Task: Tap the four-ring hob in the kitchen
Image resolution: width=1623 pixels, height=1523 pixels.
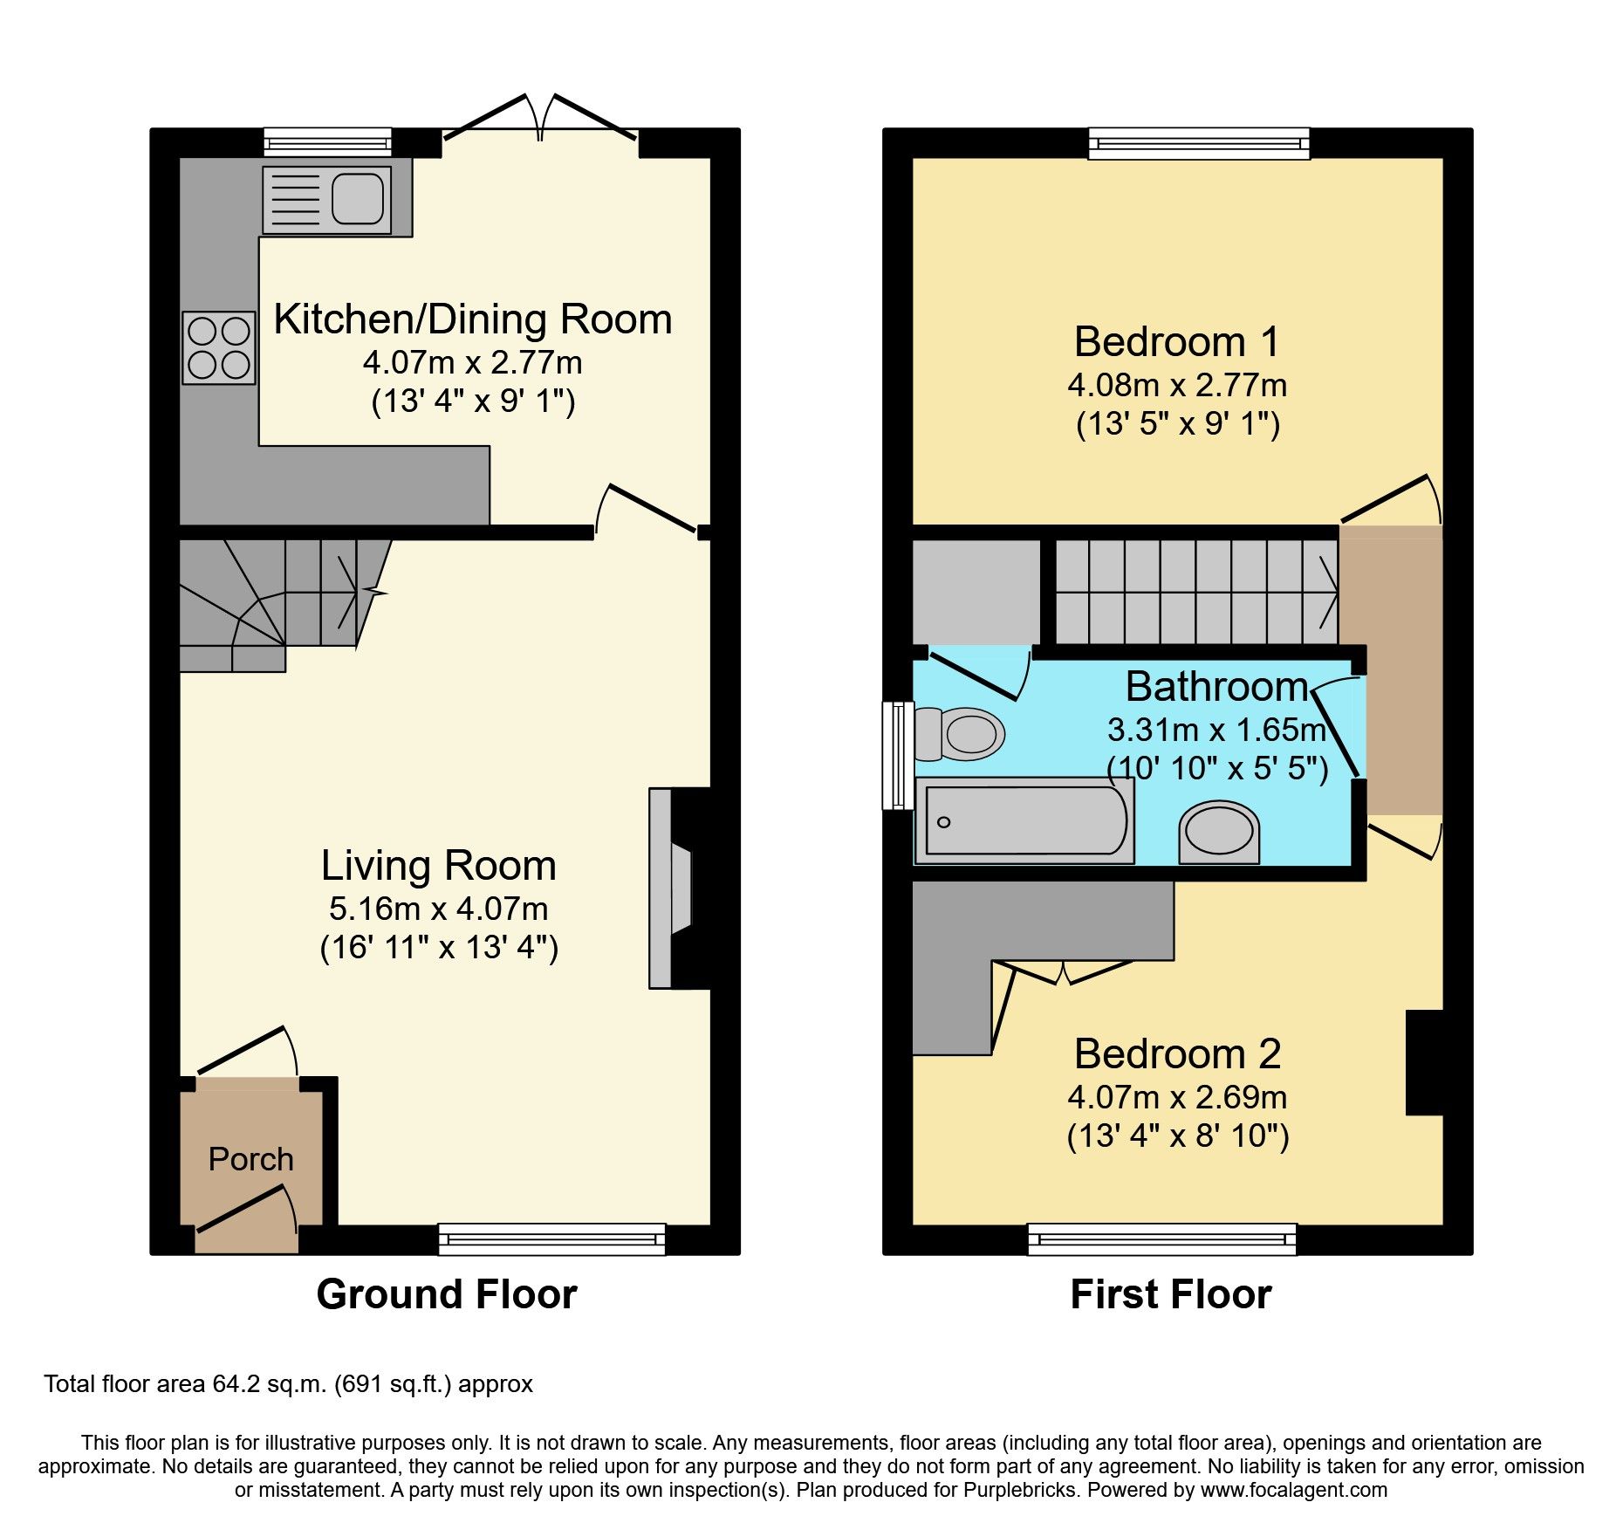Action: point(219,347)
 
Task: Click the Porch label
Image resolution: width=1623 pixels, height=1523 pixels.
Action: point(250,1159)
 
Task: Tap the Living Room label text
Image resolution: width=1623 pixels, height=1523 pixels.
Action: point(438,866)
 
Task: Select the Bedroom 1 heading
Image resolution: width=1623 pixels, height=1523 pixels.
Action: point(1176,341)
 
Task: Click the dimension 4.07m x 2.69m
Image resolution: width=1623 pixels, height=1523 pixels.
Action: point(1177,1097)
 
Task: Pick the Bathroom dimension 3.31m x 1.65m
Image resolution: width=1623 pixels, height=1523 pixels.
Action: point(1216,729)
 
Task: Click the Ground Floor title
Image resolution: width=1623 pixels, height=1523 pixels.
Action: point(446,1293)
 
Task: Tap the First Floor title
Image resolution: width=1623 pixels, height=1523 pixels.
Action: point(1170,1293)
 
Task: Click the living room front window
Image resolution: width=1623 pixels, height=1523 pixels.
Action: point(551,1238)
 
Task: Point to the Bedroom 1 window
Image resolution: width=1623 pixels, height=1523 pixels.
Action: point(1199,143)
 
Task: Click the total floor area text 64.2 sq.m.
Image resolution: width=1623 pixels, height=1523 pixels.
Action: point(288,1384)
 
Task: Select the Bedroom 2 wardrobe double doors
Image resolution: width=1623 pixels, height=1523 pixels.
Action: point(1063,971)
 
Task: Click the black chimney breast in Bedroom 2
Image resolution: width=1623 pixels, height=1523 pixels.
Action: point(1424,1062)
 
